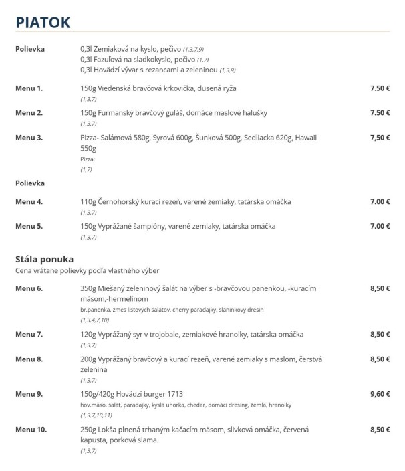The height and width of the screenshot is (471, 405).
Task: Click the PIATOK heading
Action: click(43, 21)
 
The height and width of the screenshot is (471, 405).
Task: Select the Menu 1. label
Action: click(29, 88)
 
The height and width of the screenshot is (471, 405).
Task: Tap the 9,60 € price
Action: click(380, 394)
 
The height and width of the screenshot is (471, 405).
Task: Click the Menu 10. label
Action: click(31, 429)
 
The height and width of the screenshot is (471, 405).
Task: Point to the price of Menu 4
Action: click(380, 201)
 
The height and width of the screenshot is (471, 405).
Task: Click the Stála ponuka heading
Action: click(44, 258)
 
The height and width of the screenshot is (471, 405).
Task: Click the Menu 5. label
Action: click(29, 226)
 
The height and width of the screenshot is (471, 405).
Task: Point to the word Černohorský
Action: click(120, 201)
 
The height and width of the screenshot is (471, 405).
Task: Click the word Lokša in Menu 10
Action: click(109, 429)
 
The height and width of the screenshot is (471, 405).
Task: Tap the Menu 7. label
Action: click(29, 334)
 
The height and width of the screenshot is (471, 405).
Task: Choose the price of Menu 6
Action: click(380, 288)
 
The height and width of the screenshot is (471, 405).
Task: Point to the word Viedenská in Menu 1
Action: click(120, 88)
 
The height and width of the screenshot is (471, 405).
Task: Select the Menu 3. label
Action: click(29, 138)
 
